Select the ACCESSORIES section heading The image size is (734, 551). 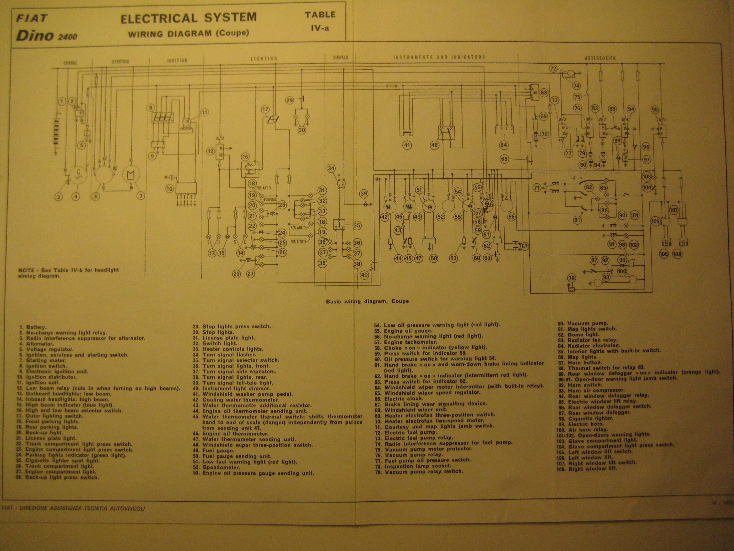600,58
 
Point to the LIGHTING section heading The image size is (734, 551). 264,59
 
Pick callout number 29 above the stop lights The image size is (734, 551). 290,100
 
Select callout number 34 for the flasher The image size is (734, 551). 331,168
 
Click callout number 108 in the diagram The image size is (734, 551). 684,254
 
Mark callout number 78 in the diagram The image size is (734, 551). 571,278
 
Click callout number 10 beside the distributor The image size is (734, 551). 170,189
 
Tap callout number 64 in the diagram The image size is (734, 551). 504,145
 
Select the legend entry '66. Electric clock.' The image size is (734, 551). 399,399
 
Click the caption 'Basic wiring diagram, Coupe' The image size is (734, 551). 367,301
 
